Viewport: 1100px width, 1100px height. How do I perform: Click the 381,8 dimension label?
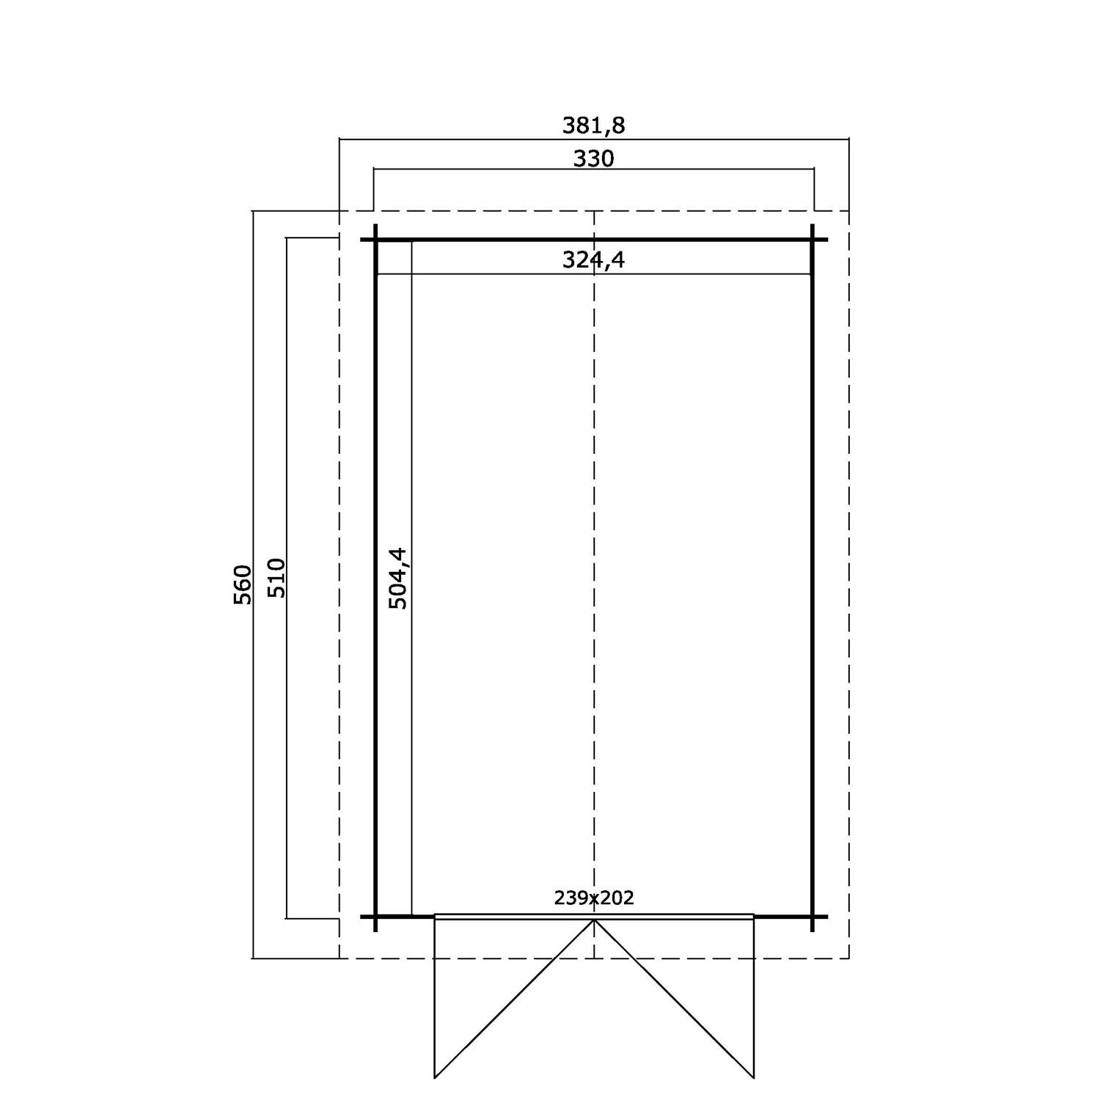coord(593,125)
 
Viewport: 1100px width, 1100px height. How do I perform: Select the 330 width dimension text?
coord(593,158)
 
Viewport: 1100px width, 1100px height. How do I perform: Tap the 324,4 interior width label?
coord(593,260)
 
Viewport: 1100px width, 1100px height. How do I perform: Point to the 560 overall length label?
coord(243,584)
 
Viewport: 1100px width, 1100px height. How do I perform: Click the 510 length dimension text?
coord(276,578)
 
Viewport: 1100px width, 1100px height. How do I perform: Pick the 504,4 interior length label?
coord(398,578)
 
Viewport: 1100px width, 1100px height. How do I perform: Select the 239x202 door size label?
coord(594,898)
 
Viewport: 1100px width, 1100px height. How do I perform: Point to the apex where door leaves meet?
coord(594,920)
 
